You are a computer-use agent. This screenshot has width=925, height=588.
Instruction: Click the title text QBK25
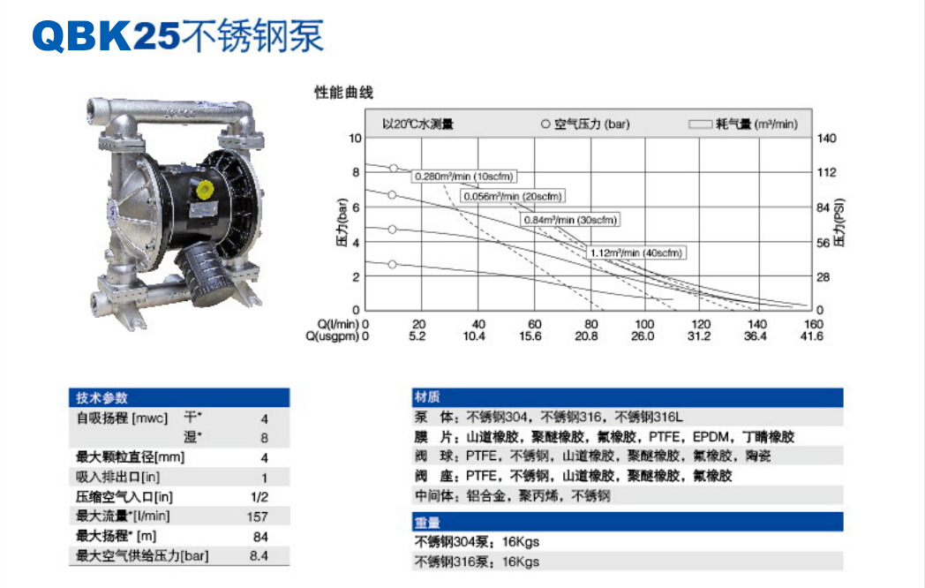106,36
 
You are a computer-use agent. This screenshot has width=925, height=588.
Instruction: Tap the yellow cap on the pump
205,189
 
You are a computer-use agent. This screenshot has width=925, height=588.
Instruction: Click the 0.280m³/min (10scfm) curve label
463,176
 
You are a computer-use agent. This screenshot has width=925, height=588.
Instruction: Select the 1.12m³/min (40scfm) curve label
635,253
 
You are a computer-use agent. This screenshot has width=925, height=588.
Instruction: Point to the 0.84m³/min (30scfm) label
570,220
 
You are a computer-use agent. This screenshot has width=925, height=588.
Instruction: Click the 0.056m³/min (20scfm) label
512,196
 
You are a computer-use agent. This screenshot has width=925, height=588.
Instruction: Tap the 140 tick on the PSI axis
826,138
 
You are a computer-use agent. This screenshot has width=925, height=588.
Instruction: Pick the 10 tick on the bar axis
355,138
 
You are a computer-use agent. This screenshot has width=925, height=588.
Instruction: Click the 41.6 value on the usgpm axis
812,335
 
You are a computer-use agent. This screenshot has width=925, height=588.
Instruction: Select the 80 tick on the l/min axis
591,324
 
